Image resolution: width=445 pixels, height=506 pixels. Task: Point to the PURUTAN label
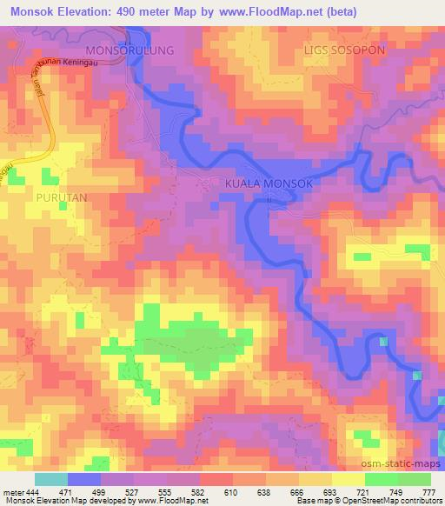[62, 197]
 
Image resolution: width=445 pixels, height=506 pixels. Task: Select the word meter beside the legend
[12, 491]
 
